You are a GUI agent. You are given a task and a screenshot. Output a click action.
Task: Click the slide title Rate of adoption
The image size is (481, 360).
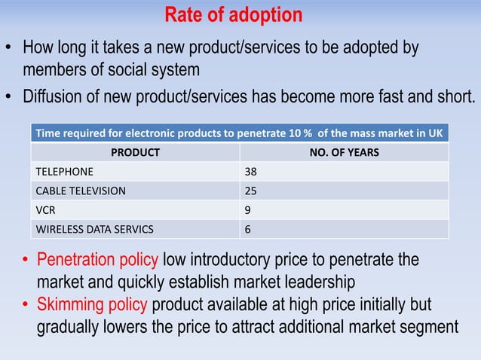pos(234,15)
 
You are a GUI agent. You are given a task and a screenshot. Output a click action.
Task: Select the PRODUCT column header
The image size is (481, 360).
pos(135,153)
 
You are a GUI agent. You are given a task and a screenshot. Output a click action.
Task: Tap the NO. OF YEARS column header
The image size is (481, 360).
pos(345,153)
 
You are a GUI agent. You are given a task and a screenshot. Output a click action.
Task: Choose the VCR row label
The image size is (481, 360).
pos(46,209)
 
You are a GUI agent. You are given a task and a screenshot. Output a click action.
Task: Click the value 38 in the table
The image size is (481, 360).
pos(250,172)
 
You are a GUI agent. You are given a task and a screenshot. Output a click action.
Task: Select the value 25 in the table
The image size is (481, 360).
pos(250,191)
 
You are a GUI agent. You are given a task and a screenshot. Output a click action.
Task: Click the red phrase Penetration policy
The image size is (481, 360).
pos(98,261)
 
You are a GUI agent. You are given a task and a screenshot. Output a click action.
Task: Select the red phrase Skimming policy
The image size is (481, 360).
pos(93,306)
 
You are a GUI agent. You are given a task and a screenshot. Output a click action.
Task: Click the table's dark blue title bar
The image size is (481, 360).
pos(239,133)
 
